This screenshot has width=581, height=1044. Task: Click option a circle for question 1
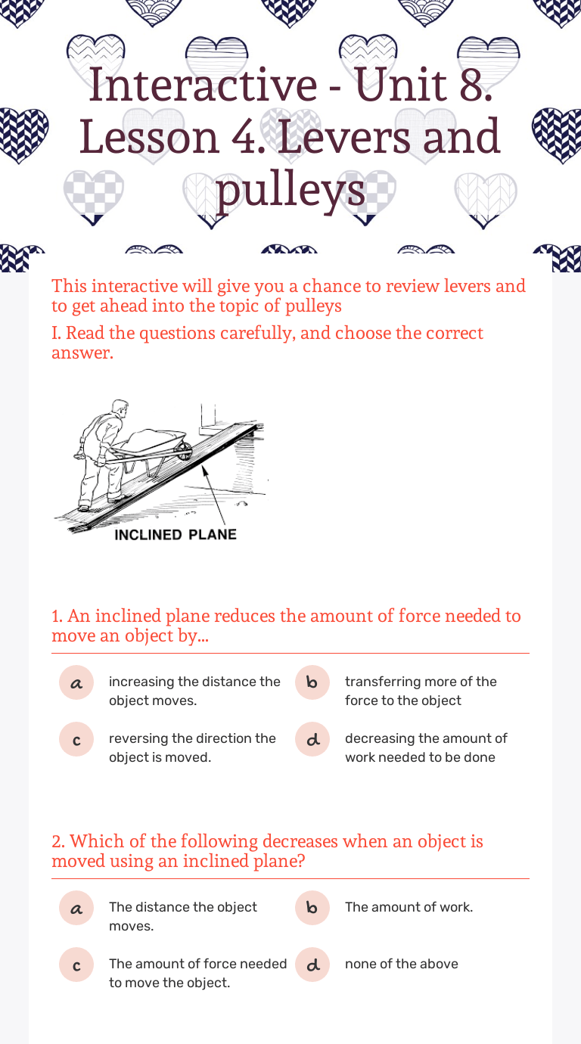tap(76, 682)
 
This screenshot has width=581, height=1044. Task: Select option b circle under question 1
tap(312, 682)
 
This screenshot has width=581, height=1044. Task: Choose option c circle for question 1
tap(76, 739)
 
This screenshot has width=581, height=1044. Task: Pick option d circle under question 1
tap(312, 739)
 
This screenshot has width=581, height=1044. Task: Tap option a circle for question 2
tap(76, 908)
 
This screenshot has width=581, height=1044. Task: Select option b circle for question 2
tap(312, 908)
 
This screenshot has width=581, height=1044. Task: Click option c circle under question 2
tap(76, 965)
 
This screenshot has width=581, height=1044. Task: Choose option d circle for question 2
tap(312, 965)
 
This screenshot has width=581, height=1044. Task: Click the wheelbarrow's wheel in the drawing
tap(185, 451)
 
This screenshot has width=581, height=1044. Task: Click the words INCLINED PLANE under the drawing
tap(176, 535)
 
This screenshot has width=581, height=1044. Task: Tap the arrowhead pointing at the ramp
tap(204, 470)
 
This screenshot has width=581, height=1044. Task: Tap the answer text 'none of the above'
tap(402, 964)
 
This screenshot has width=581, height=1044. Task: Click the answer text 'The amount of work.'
tap(409, 907)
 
